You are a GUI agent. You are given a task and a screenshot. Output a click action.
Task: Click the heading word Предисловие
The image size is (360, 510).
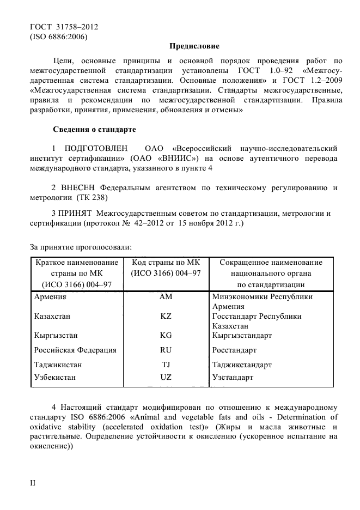point(194,46)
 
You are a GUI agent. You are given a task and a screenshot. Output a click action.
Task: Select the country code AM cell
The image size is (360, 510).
point(166,297)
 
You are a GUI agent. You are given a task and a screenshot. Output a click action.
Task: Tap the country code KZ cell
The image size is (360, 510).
point(166,316)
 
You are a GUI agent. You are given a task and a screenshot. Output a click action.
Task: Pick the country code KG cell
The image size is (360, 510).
point(166,335)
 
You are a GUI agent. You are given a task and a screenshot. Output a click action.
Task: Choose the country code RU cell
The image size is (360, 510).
point(166,350)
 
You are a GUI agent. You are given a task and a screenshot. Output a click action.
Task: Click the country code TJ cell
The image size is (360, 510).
point(166,364)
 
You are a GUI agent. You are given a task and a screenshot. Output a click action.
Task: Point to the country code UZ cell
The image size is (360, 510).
point(166,377)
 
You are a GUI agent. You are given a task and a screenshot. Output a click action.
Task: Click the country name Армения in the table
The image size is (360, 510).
point(50,297)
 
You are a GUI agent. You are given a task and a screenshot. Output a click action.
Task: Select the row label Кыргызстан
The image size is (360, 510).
point(56,335)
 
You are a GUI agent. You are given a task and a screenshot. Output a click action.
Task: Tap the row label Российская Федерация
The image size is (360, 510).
point(75,350)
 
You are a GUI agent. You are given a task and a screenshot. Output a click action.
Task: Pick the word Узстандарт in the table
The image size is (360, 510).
point(233,377)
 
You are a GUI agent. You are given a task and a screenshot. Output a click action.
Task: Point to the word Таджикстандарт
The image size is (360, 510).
point(242,364)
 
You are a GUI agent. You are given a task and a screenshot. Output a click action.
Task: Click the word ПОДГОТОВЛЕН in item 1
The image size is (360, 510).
point(96,148)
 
